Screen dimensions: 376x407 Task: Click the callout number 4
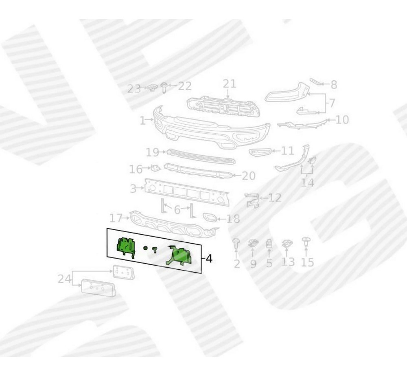208,258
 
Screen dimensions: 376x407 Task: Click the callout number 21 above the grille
229,84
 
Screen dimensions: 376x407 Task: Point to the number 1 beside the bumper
142,121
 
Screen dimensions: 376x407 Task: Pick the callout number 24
63,279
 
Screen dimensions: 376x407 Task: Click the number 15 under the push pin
308,262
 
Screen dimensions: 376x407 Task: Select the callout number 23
134,88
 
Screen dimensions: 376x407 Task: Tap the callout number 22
184,86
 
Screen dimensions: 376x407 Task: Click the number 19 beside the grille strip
153,152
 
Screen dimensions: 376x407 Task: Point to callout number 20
249,176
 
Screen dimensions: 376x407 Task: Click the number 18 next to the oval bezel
233,219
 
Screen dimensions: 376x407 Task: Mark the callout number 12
275,198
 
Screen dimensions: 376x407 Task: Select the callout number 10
342,120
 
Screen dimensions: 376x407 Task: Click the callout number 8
334,85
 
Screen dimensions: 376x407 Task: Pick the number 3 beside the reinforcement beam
133,189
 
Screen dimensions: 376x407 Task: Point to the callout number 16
136,169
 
